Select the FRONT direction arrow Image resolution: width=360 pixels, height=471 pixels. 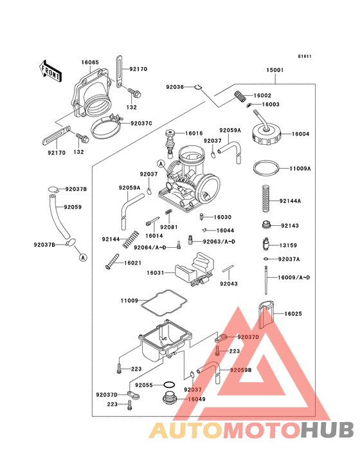point(51,70)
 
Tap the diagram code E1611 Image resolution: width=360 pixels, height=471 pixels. point(305,56)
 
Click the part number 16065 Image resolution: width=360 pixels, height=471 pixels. point(90,62)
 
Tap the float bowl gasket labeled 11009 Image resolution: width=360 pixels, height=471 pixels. point(163,300)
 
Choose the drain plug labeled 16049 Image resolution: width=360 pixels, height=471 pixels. point(169,401)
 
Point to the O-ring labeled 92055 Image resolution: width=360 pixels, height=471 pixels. point(168,385)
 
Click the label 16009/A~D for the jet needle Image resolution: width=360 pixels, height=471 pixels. point(294,277)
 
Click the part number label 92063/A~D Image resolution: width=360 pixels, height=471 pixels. point(220,241)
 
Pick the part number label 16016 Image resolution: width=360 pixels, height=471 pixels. point(194,133)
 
